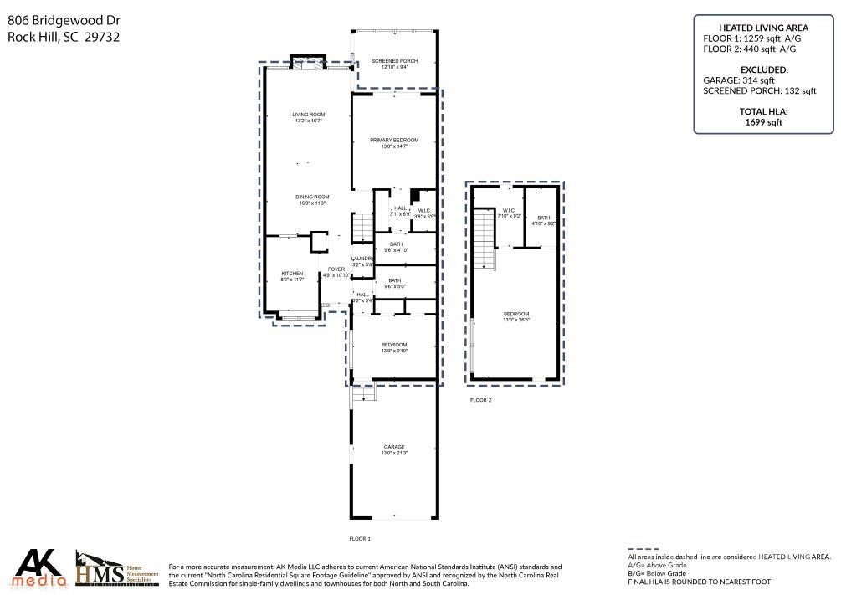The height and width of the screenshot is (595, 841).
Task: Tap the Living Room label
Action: [308, 115]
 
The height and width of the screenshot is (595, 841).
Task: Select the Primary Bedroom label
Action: [394, 140]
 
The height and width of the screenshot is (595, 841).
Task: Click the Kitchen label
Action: [291, 274]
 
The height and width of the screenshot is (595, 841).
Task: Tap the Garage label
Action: [394, 447]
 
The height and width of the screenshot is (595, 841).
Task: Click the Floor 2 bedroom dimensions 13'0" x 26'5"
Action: [516, 319]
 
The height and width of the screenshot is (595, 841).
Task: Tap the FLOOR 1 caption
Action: [360, 538]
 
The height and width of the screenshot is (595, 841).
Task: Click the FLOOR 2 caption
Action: [480, 400]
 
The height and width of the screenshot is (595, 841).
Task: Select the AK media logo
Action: [40, 567]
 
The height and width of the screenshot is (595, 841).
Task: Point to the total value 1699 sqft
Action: [764, 121]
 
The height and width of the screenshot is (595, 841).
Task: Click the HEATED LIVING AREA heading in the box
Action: [764, 28]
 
